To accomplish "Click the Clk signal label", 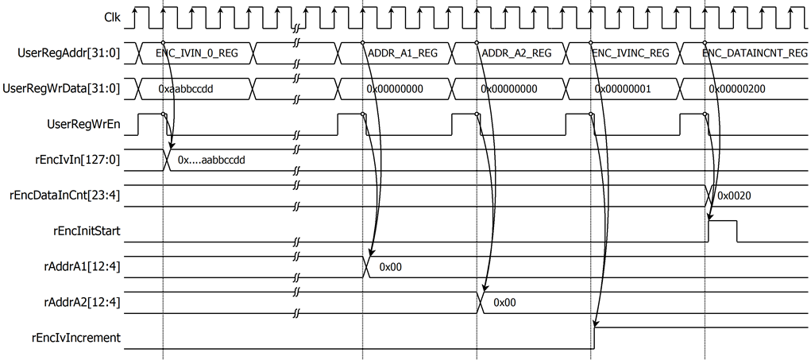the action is (112, 17).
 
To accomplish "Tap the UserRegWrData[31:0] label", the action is (61, 88).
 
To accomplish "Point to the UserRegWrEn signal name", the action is (83, 124).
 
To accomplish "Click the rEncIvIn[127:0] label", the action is (76, 160).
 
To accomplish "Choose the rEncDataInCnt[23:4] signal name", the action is (66, 195).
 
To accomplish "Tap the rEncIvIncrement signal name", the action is (76, 339).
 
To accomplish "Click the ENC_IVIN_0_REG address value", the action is (196, 52).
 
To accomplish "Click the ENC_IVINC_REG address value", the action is (630, 52).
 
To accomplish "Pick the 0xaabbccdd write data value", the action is (186, 89).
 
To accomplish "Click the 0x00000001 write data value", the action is (622, 89).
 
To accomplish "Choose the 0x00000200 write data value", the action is (737, 89).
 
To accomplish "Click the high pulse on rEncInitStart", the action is (723, 221).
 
